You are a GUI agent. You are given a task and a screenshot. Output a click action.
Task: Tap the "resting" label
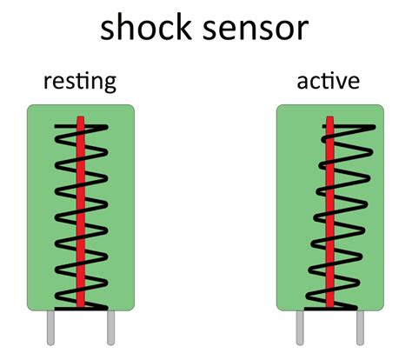point(80,83)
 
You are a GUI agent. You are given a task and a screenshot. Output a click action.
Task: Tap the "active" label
point(328,83)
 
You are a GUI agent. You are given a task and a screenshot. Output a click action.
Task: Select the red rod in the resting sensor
point(80,217)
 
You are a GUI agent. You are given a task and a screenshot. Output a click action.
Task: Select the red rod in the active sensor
point(329,217)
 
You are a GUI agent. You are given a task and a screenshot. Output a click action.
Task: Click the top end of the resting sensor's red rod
point(80,120)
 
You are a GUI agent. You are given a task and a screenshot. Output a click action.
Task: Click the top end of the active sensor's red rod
point(329,120)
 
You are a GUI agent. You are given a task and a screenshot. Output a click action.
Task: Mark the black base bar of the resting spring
point(80,308)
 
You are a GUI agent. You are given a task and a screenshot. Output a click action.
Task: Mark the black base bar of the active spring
point(329,308)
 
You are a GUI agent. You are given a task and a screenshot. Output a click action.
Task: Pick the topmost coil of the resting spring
point(81,130)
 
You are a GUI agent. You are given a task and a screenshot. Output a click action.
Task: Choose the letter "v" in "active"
point(344,83)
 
